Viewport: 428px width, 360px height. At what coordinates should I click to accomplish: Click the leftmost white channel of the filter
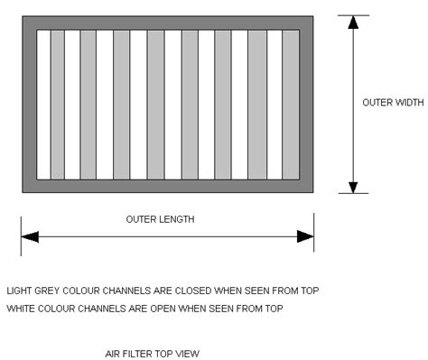click(43, 105)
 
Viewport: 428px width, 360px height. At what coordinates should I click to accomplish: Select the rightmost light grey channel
click(291, 105)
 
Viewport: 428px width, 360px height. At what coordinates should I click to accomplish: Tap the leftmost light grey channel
click(57, 105)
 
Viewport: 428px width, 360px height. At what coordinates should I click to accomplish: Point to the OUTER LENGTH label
click(160, 219)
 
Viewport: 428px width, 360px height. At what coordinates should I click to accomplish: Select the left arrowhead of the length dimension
click(30, 236)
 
